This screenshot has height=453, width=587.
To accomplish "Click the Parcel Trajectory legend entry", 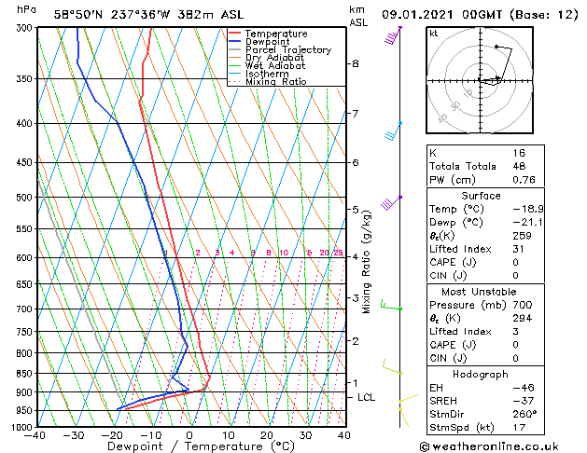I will (x=287, y=49).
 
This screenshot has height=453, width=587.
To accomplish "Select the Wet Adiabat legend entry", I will (x=276, y=65).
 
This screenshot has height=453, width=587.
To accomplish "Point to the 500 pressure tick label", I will (x=23, y=198).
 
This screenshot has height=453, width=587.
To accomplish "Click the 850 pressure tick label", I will (x=23, y=373).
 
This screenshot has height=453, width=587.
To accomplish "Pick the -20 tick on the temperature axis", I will (x=112, y=435).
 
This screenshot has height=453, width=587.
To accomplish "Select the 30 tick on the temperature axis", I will (x=305, y=435).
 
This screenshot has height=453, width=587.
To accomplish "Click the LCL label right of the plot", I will (x=367, y=398).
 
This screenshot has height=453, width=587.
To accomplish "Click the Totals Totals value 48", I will (x=520, y=167).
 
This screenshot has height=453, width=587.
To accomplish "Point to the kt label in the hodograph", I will (x=434, y=34).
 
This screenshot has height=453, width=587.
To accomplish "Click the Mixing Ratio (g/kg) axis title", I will (x=367, y=262).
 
